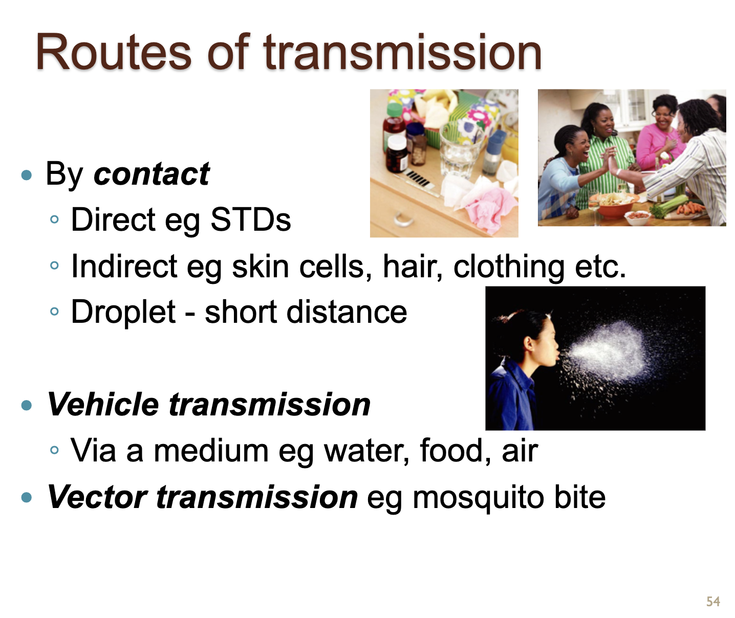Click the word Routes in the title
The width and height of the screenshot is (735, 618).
[x=113, y=53]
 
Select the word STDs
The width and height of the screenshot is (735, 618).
[x=251, y=219]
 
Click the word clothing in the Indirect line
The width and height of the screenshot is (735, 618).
[x=509, y=267]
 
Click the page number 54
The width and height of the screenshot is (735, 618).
[x=713, y=602]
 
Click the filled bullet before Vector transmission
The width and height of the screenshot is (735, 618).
[x=27, y=497]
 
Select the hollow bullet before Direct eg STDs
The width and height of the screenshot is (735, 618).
[x=54, y=219]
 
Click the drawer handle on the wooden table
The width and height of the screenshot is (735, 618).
[x=403, y=219]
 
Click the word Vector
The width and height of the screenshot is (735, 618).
[x=97, y=497]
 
